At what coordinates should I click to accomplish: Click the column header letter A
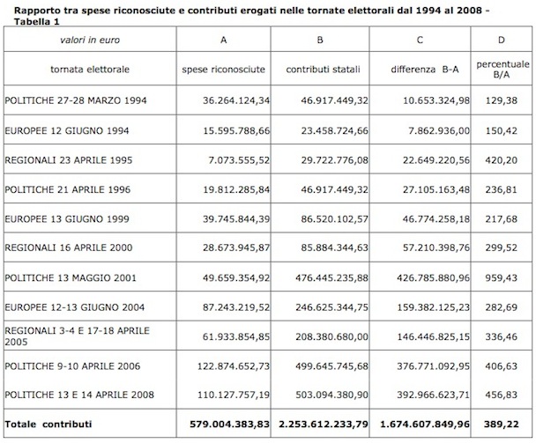pyautogui.click(x=224, y=40)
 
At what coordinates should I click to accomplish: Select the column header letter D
pyautogui.click(x=501, y=40)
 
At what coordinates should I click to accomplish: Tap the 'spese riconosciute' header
pyautogui.click(x=224, y=70)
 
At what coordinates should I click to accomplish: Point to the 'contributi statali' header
pyautogui.click(x=323, y=70)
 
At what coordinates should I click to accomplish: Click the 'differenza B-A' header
pyautogui.click(x=425, y=70)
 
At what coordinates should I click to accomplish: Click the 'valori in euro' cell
pyautogui.click(x=90, y=40)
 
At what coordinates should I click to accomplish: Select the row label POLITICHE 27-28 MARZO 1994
pyautogui.click(x=76, y=100)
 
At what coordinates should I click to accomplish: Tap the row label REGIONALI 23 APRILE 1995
pyautogui.click(x=69, y=160)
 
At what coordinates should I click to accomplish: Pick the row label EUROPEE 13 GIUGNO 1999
pyautogui.click(x=67, y=219)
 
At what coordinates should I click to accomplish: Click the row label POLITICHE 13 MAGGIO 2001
pyautogui.click(x=71, y=277)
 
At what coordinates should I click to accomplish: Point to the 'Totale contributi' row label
pyautogui.click(x=48, y=425)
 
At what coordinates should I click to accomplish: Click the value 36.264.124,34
pyautogui.click(x=236, y=100)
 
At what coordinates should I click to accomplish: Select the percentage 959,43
pyautogui.click(x=501, y=277)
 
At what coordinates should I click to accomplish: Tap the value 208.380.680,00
pyautogui.click(x=332, y=336)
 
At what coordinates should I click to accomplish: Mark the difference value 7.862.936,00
pyautogui.click(x=439, y=131)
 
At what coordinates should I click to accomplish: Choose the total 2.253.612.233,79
pyautogui.click(x=324, y=425)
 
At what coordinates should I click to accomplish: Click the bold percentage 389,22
pyautogui.click(x=501, y=425)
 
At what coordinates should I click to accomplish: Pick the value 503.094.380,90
pyautogui.click(x=332, y=395)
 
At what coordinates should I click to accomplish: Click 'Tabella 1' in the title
pyautogui.click(x=36, y=22)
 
